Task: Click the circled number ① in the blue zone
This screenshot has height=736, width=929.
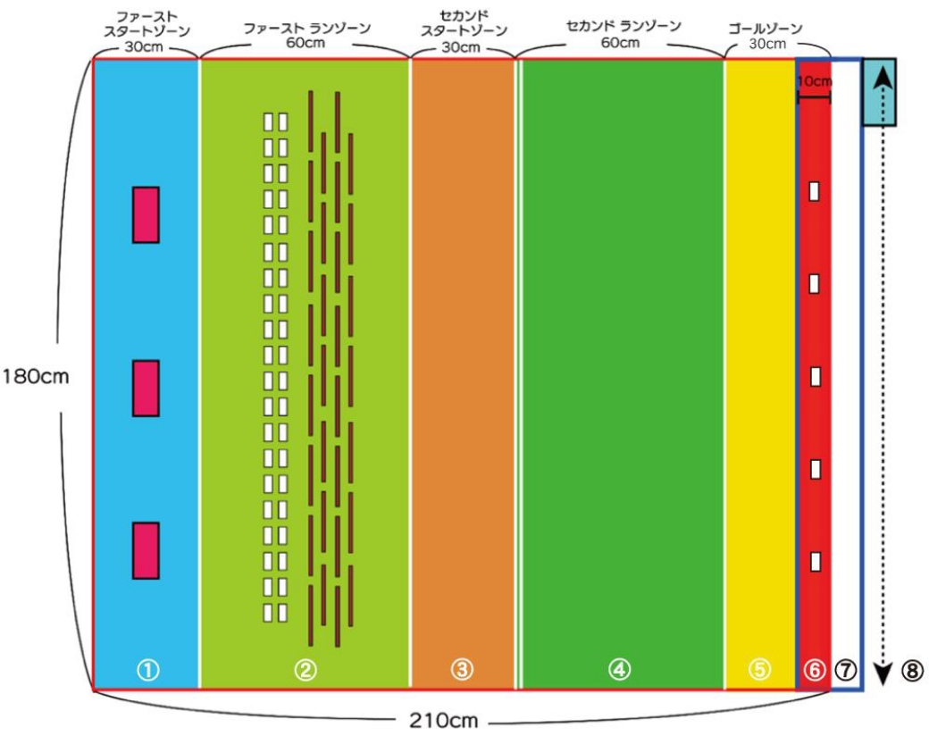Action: click(147, 670)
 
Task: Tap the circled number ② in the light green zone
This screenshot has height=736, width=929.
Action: click(305, 670)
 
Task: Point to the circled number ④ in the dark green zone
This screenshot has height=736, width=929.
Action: click(620, 670)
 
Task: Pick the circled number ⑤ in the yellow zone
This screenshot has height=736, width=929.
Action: click(759, 670)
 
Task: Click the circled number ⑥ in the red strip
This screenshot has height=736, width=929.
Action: click(813, 670)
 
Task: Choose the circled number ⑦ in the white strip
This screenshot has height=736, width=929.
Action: click(846, 670)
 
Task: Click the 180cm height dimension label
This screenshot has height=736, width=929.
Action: click(35, 376)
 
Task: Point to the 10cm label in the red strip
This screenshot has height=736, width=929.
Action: click(813, 81)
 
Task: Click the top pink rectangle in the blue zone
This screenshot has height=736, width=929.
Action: click(146, 214)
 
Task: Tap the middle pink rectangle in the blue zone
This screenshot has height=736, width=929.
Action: click(146, 388)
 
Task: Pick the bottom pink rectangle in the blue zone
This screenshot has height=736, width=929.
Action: click(146, 550)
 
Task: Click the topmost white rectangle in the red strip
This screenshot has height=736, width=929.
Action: click(815, 191)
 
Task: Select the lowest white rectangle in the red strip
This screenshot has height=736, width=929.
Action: click(815, 562)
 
